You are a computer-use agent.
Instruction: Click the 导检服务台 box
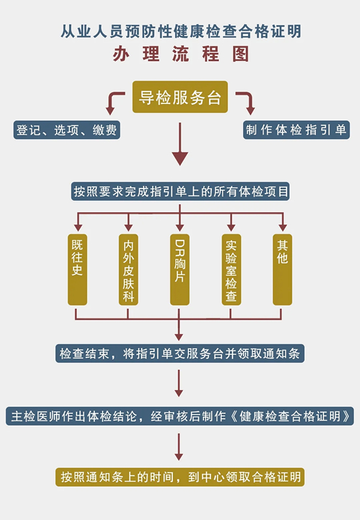coord(180,97)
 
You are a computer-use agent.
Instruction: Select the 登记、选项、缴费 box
coord(67,129)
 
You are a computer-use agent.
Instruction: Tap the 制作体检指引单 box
coord(296,129)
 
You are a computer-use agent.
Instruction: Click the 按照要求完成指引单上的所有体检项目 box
coord(181,191)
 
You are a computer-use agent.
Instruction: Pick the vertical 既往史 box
coord(77,270)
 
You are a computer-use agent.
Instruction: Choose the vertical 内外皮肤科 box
coord(128,270)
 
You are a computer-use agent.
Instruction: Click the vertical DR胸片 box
coord(179,270)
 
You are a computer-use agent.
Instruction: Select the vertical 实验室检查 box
coord(231,270)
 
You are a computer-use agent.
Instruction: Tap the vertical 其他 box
coord(283,270)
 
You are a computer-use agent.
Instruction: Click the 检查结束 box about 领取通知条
coord(179,353)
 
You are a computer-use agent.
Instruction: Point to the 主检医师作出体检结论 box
coord(179,416)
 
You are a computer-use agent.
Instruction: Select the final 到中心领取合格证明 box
coord(179,477)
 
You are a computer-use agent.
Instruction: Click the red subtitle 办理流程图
coord(181,54)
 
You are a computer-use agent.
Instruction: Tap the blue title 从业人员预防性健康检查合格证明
coord(181,31)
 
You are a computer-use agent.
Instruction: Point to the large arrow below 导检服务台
coord(180,144)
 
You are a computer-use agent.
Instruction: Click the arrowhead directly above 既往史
coord(78,227)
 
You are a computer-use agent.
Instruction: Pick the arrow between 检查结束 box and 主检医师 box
coord(179,383)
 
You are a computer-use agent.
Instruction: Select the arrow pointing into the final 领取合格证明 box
coord(179,447)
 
